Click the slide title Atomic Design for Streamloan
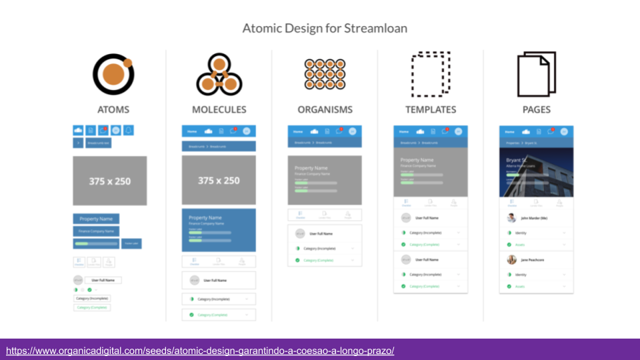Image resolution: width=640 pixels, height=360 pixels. (324, 29)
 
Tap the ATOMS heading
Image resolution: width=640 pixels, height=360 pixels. (113, 109)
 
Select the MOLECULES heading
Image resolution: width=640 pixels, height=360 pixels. (219, 109)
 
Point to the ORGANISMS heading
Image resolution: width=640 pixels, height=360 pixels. (325, 109)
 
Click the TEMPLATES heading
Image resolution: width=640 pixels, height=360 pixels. (431, 109)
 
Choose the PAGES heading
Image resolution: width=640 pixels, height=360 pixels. (536, 109)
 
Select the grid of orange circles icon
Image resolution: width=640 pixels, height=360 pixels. (325, 73)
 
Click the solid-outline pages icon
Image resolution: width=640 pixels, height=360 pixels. (536, 73)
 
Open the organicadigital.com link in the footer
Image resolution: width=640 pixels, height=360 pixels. (200, 350)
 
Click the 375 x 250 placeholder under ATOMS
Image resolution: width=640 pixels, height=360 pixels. (109, 181)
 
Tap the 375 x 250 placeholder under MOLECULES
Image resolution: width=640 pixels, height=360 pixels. (218, 181)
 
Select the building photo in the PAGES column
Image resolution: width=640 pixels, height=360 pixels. (537, 172)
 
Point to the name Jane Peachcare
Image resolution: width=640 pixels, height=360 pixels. (533, 259)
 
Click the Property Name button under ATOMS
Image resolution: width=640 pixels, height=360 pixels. (96, 219)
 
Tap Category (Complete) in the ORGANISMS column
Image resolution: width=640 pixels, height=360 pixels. (318, 260)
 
